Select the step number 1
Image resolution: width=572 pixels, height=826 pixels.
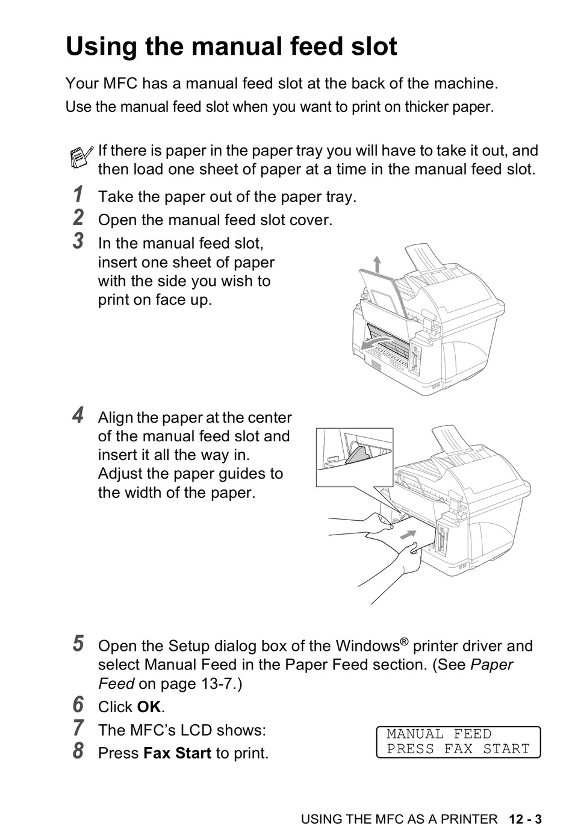point(78,195)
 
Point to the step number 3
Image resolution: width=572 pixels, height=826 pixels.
point(78,241)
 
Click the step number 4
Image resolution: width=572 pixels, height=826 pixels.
point(78,415)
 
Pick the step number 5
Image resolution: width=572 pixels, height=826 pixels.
point(78,644)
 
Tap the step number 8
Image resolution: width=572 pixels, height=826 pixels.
point(78,751)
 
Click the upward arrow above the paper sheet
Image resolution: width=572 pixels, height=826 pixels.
point(377,264)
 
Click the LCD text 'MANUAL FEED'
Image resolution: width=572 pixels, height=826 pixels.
point(439,734)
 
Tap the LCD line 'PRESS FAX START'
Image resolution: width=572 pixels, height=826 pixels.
point(458,750)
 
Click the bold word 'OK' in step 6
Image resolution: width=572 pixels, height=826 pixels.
point(149,707)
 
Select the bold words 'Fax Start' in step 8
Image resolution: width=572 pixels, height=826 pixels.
point(178,753)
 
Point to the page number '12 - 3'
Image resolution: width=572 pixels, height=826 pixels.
point(525,819)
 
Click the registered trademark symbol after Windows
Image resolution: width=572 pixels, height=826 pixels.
point(405,642)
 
